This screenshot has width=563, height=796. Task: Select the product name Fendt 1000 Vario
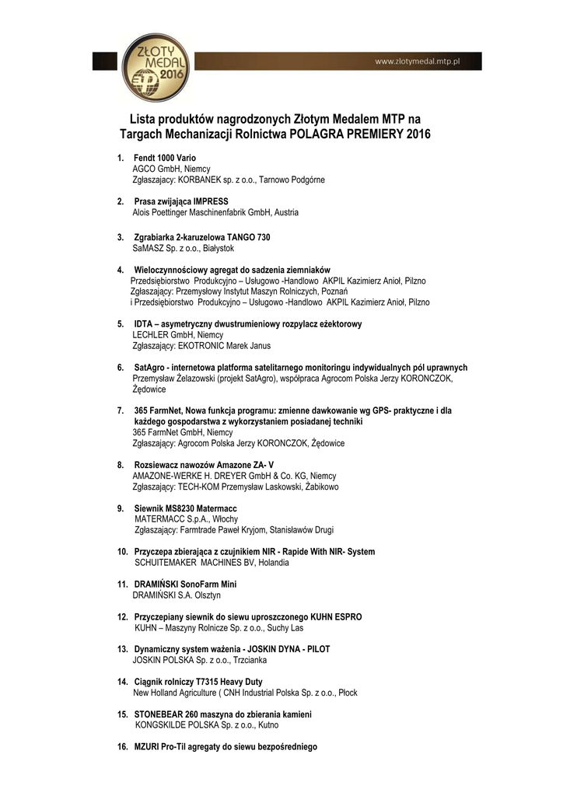pos(165,158)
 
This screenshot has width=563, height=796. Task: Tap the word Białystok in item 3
pos(223,249)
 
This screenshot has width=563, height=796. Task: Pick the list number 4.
pos(121,270)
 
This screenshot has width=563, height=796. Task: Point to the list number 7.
pos(121,410)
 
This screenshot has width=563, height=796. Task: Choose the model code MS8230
pos(184,508)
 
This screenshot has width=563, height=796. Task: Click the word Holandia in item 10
pos(275,562)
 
